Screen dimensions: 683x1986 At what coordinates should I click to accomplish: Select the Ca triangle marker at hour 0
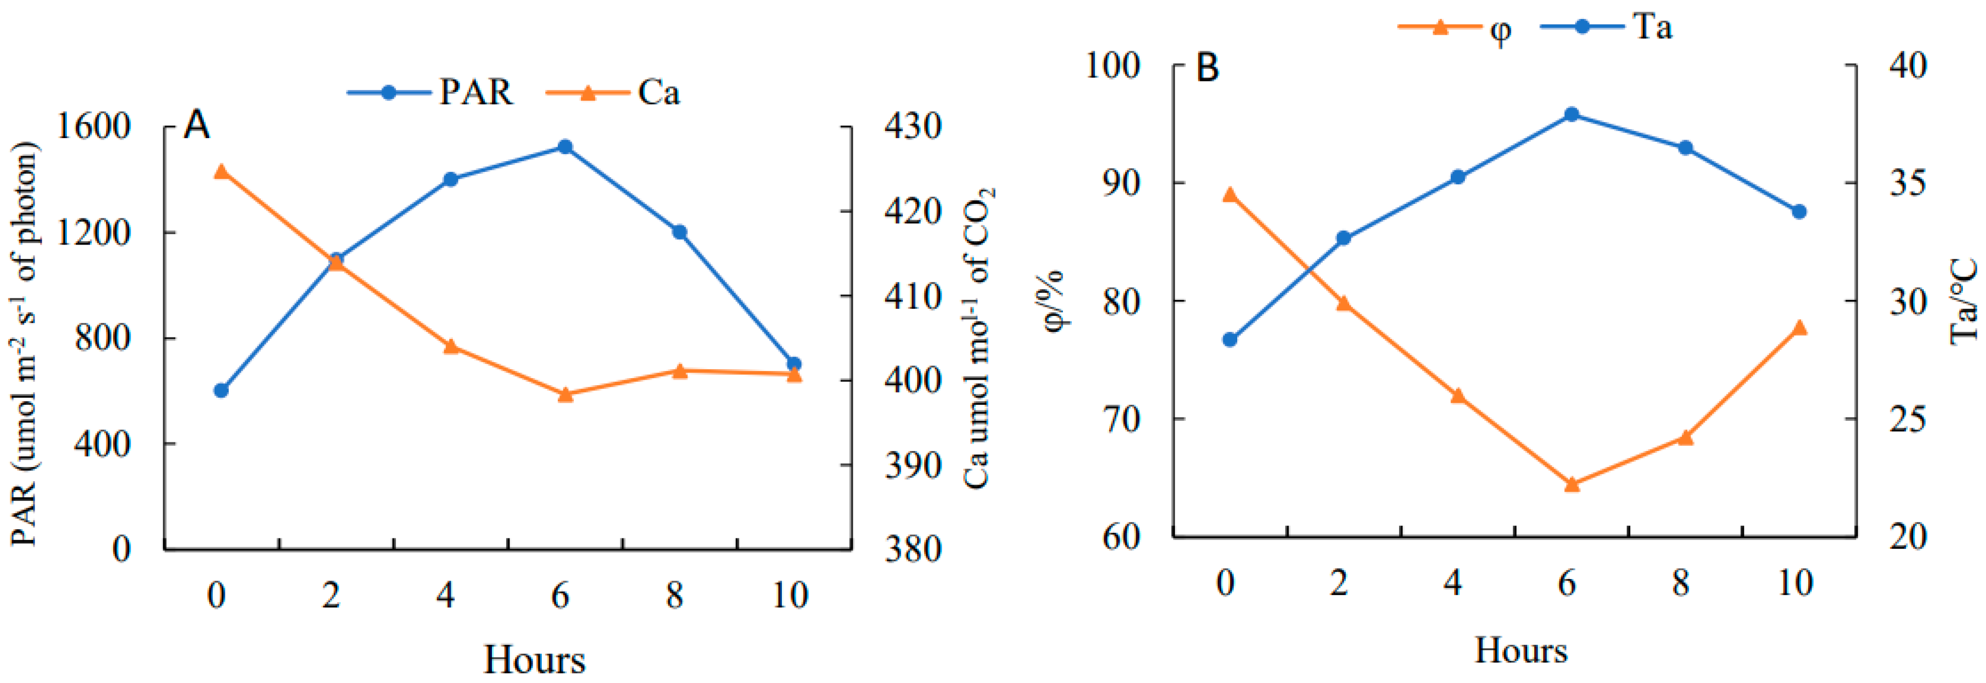pos(221,171)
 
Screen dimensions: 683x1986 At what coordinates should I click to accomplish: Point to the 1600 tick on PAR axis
pos(94,127)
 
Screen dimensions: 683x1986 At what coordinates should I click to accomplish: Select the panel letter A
pos(196,125)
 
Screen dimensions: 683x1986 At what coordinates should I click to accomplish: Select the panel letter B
pos(1207,68)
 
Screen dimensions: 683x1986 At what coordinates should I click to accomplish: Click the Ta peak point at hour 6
pos(1572,114)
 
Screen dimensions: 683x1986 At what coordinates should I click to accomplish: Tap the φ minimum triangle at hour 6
pos(1572,484)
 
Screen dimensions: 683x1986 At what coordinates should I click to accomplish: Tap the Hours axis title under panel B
pos(1520,650)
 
